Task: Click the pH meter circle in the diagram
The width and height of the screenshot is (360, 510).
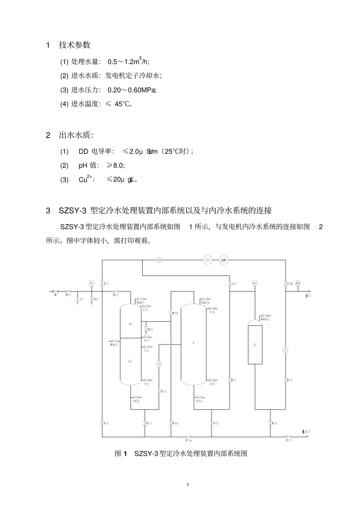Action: point(224,260)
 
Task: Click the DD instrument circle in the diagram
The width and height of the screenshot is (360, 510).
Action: point(207,260)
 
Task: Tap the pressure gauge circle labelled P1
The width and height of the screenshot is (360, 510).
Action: point(91,283)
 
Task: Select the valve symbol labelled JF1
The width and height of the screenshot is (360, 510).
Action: point(55,291)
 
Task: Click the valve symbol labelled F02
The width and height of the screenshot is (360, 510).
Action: point(116,291)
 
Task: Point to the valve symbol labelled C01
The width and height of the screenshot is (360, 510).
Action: point(102,283)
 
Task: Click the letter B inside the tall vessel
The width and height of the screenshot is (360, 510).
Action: point(194,343)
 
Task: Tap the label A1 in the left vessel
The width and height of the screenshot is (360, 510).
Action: point(131,324)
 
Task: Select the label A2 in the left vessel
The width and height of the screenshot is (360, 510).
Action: point(130,361)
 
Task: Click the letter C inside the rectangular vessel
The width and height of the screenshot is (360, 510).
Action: point(255,345)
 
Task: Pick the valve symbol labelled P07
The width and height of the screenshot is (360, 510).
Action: point(289,437)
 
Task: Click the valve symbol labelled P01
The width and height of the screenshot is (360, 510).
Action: point(102,423)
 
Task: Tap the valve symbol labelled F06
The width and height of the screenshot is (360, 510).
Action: point(285,380)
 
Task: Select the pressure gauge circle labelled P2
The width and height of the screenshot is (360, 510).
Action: point(255,283)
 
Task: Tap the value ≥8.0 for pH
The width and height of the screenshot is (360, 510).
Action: point(116,165)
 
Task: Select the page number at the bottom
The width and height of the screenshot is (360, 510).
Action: point(188,485)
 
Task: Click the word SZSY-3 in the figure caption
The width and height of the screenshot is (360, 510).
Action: point(146,454)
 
